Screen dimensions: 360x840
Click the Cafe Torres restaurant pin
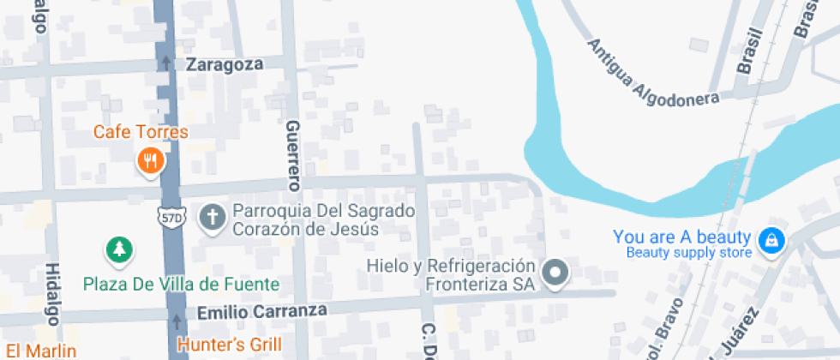pos(150,159)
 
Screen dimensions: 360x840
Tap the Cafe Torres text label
pos(141,132)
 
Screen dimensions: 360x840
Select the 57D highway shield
pos(171,218)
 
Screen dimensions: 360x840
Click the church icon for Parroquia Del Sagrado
pos(211,217)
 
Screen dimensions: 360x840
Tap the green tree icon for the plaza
pos(120,249)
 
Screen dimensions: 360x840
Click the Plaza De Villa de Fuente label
pos(181,284)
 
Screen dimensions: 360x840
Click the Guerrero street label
pos(294,154)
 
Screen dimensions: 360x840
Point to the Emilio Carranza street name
pos(261,312)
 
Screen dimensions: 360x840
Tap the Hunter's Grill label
pos(229,345)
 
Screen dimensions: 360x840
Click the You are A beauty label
pos(682,237)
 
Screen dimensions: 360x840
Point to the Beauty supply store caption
pos(689,252)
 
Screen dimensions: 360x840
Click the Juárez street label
pos(738,333)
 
